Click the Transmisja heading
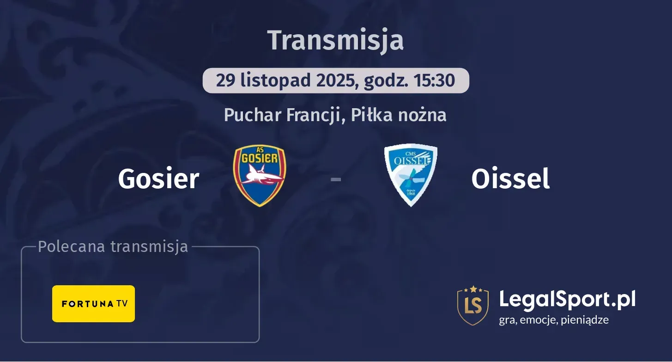tap(336, 40)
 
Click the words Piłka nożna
tap(399, 115)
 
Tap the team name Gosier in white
tap(158, 179)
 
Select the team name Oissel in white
tap(510, 179)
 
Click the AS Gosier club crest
tap(260, 176)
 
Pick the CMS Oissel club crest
tap(411, 175)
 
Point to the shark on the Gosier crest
tap(260, 178)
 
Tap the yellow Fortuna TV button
tap(93, 304)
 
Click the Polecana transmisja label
tap(113, 247)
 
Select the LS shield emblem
tap(473, 305)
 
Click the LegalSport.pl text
tap(567, 299)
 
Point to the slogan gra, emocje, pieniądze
tap(554, 319)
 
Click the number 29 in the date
tap(226, 80)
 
